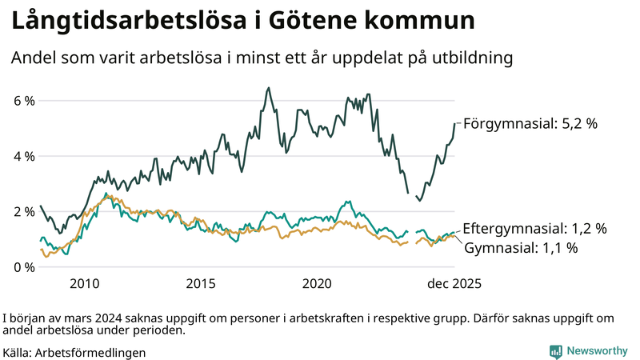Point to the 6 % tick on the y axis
click(x=23, y=101)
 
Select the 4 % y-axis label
click(x=23, y=156)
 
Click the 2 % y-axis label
click(x=23, y=211)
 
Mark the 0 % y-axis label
click(x=23, y=266)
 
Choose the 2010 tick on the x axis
click(x=84, y=284)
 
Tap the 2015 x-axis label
click(x=201, y=284)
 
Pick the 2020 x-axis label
click(x=318, y=284)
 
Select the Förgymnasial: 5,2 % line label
click(x=530, y=124)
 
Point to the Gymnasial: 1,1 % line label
click(x=521, y=248)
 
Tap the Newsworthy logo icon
click(x=555, y=350)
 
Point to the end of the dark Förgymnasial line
click(x=454, y=123)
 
